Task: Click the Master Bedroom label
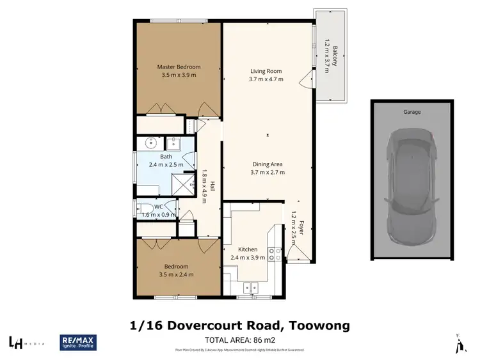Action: (x=179, y=67)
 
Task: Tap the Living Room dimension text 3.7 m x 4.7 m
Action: (x=266, y=79)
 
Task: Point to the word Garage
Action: (x=412, y=111)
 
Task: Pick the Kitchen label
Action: (x=248, y=249)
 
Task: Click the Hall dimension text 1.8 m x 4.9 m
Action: (x=204, y=185)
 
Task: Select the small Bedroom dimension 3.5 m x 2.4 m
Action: (x=175, y=274)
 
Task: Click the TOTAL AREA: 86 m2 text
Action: (x=240, y=340)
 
